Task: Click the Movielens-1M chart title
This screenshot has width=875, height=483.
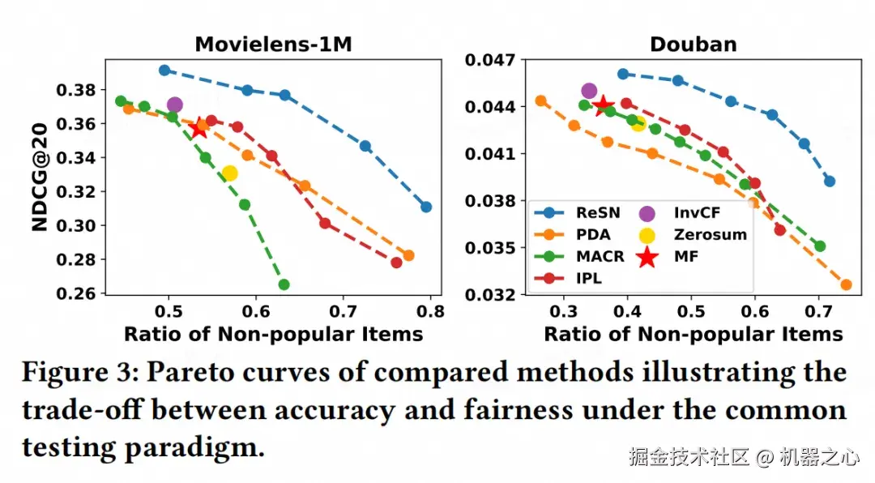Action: [x=273, y=44]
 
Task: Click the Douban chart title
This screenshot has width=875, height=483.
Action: [x=694, y=44]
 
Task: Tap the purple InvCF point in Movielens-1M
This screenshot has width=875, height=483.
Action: [x=174, y=105]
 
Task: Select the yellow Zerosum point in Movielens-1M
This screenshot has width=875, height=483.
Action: [x=229, y=173]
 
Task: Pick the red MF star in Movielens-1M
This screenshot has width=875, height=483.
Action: [x=198, y=128]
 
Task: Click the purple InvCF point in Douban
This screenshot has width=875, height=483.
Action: [x=589, y=91]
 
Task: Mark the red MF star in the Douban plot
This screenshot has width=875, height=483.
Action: [x=602, y=105]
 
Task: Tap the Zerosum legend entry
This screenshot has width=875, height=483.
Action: [x=697, y=235]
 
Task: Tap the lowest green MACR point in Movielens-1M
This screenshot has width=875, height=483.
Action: [x=284, y=284]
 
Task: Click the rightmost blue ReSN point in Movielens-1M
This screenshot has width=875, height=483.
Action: [x=426, y=207]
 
